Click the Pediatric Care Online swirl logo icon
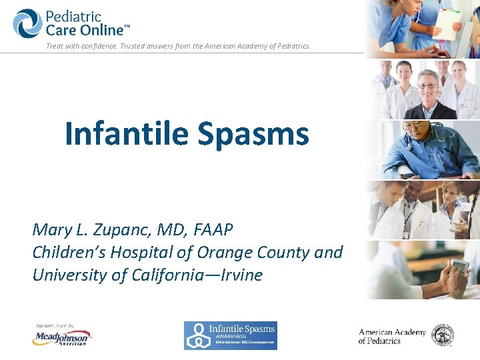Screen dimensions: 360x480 pos(27,23)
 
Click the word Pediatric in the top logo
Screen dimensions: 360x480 pos(74,16)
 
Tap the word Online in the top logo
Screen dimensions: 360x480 pos(104,30)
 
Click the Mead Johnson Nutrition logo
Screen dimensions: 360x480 pos(61,337)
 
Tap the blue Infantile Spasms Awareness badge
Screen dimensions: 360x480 pos(230,335)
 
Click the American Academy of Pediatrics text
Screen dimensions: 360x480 pos(391,337)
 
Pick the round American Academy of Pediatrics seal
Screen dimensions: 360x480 pos(442,335)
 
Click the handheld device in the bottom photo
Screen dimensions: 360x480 pos(460,267)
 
